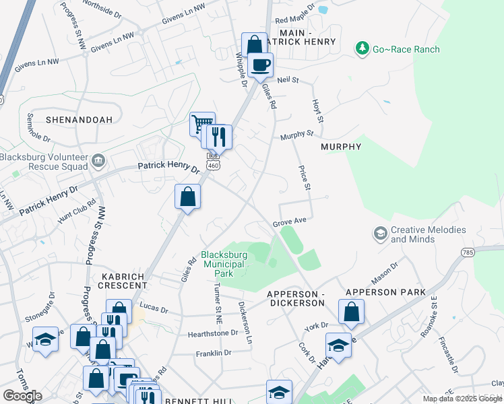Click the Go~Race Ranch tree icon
[x=363, y=48]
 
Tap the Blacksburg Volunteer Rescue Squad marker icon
[x=98, y=160]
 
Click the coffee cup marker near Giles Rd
[x=260, y=65]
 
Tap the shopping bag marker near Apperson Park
[x=351, y=312]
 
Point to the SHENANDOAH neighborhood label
[x=69, y=119]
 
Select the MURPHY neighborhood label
[x=341, y=146]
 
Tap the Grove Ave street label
[x=290, y=222]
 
